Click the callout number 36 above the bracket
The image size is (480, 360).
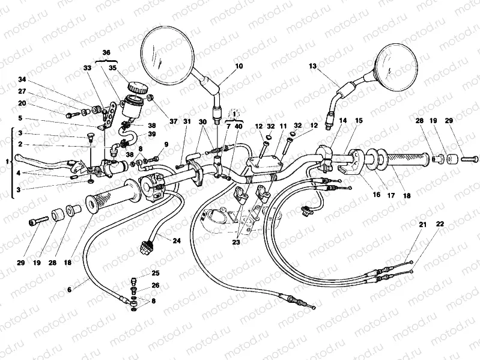point(106,53)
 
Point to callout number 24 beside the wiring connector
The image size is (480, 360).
point(177,241)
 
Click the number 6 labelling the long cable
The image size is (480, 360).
point(69,289)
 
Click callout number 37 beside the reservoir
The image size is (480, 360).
point(174,121)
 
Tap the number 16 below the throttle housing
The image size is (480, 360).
point(377,195)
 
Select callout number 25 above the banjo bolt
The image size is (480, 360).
point(156,273)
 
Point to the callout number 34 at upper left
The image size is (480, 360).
point(22,80)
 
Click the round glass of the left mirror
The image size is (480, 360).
point(169,53)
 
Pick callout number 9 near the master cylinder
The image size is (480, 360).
point(166,144)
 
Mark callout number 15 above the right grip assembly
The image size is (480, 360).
point(359,121)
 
